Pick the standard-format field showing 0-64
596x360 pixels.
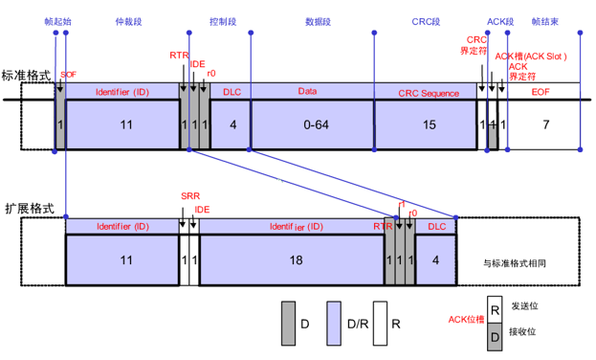(x=312, y=125)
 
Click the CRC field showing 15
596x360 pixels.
(x=427, y=125)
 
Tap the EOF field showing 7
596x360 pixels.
(x=545, y=125)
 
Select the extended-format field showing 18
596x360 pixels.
(x=292, y=259)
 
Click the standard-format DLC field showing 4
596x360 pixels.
(x=231, y=125)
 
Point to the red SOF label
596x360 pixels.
(x=68, y=74)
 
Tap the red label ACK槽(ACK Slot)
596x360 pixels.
(x=532, y=56)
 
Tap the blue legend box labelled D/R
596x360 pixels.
(x=334, y=324)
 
